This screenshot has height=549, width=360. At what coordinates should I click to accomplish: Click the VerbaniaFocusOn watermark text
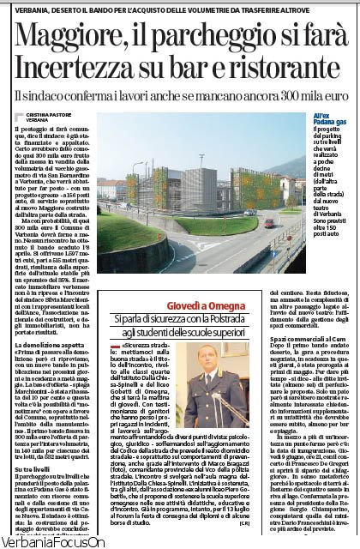[x=53, y=541]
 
